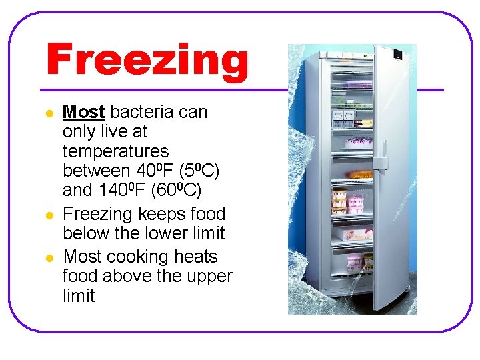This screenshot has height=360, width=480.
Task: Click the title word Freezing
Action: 147,60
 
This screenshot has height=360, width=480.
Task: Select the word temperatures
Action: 116,151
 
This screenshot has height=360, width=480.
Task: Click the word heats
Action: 196,257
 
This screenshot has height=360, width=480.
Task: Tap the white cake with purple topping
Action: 358,143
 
